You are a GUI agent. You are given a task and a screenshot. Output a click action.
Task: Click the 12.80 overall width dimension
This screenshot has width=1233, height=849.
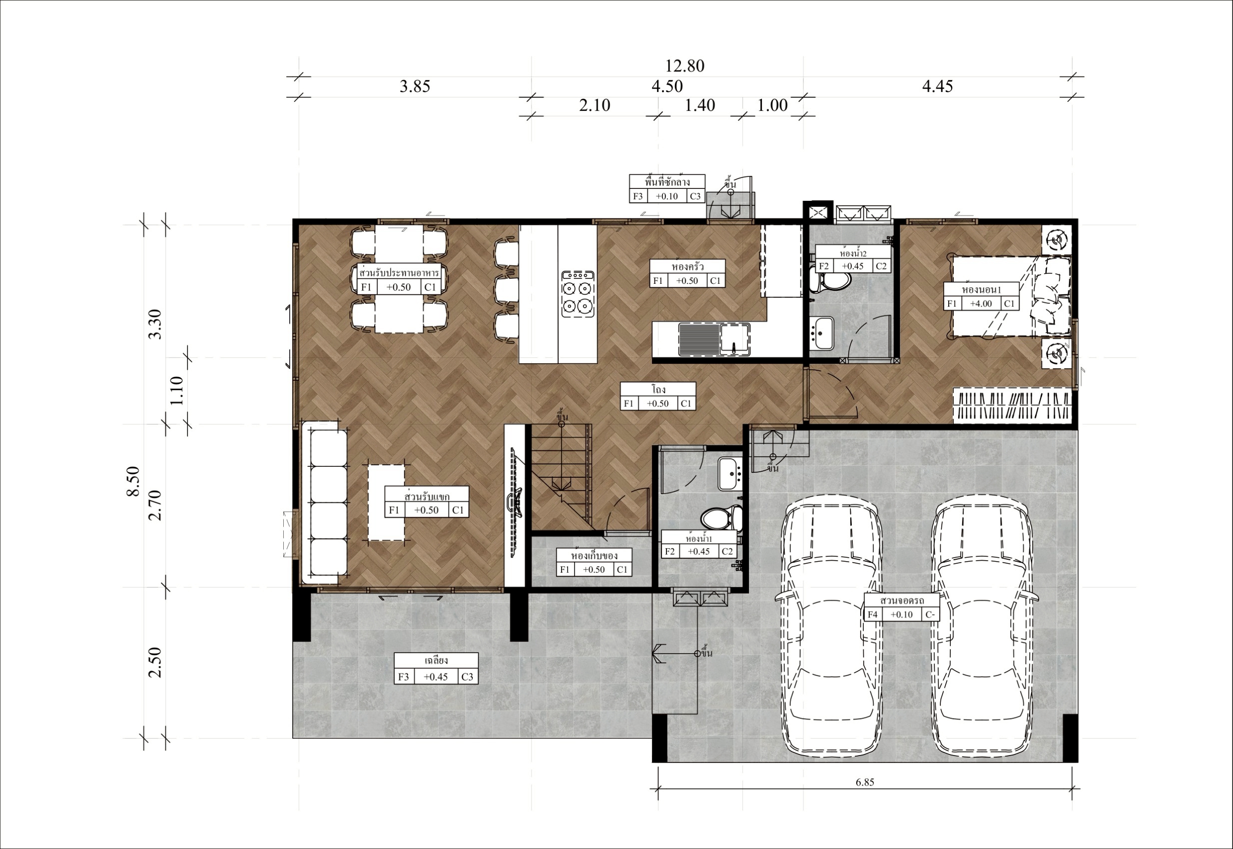(x=685, y=66)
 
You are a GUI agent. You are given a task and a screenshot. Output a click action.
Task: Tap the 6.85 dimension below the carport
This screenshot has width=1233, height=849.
(x=865, y=782)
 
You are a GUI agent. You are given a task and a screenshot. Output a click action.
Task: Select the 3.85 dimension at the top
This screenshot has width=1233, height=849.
(x=415, y=86)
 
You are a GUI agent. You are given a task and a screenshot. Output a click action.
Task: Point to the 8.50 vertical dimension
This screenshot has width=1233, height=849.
(x=133, y=481)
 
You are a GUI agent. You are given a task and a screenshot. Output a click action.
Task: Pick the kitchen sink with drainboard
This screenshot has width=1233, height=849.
(x=714, y=339)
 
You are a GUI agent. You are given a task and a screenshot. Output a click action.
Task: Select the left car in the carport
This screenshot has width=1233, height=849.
(x=829, y=628)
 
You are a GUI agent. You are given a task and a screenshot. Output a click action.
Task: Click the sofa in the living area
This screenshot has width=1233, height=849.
(x=325, y=502)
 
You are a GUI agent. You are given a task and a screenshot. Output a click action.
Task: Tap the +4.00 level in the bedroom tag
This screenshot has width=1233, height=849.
(x=981, y=304)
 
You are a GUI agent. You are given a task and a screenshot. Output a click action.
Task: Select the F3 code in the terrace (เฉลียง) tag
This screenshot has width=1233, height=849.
(x=404, y=677)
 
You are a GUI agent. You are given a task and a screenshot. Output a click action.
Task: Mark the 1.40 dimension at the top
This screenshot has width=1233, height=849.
(x=700, y=105)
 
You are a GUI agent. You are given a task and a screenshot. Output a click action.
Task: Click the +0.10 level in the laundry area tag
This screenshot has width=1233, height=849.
(x=667, y=196)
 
